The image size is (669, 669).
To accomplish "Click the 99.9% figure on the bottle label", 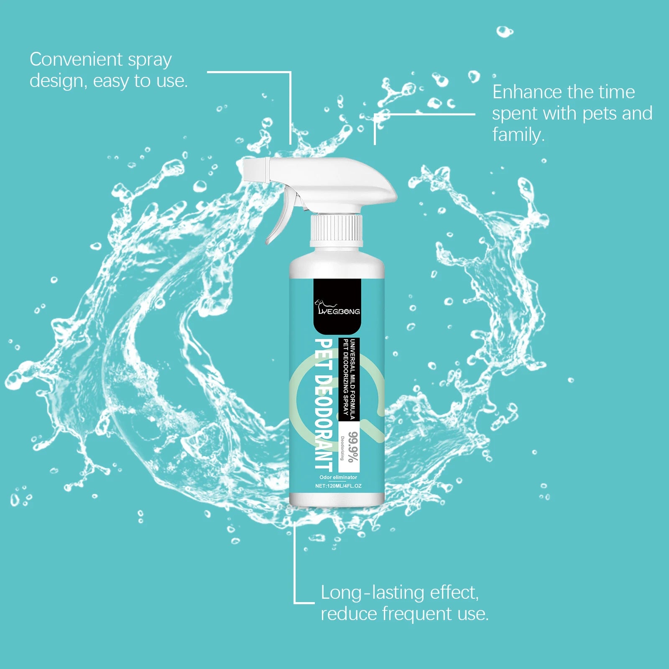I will (353, 447).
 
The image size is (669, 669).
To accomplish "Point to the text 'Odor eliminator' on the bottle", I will (338, 477).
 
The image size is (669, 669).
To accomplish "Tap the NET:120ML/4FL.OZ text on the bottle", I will (338, 486).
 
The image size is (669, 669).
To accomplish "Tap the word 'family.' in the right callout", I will (518, 135).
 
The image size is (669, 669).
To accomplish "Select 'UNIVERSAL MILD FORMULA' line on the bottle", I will (352, 379).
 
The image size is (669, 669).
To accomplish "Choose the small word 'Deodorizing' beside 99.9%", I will (342, 448).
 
